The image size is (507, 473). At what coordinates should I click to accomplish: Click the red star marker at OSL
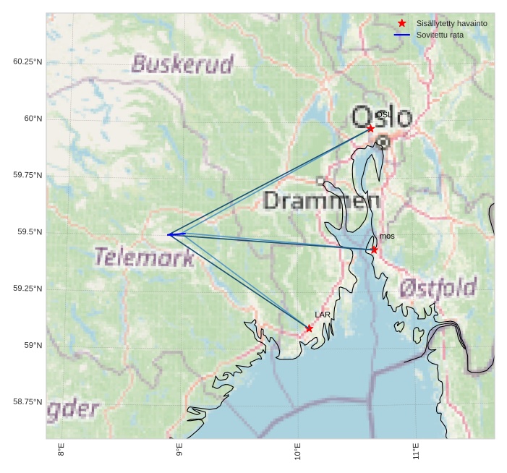(x=370, y=128)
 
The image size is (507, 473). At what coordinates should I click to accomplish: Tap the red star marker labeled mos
(x=374, y=250)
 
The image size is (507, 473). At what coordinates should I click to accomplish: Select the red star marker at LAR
(x=309, y=328)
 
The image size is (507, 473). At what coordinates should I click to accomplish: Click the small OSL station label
(x=383, y=115)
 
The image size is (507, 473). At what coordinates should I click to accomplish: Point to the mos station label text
(x=387, y=236)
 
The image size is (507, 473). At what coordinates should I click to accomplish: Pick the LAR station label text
(x=323, y=315)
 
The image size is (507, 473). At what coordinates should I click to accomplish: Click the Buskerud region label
(x=182, y=64)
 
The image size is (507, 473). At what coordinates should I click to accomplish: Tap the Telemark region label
(x=144, y=257)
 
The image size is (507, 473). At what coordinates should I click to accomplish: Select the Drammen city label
(x=322, y=200)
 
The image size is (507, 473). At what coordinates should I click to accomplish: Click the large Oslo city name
(x=382, y=117)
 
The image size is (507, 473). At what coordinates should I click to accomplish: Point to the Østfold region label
(x=438, y=289)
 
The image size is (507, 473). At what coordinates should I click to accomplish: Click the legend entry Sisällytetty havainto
(x=451, y=23)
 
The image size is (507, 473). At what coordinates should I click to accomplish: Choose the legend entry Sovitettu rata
(x=440, y=35)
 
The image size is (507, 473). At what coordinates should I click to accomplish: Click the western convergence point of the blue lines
(x=169, y=234)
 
